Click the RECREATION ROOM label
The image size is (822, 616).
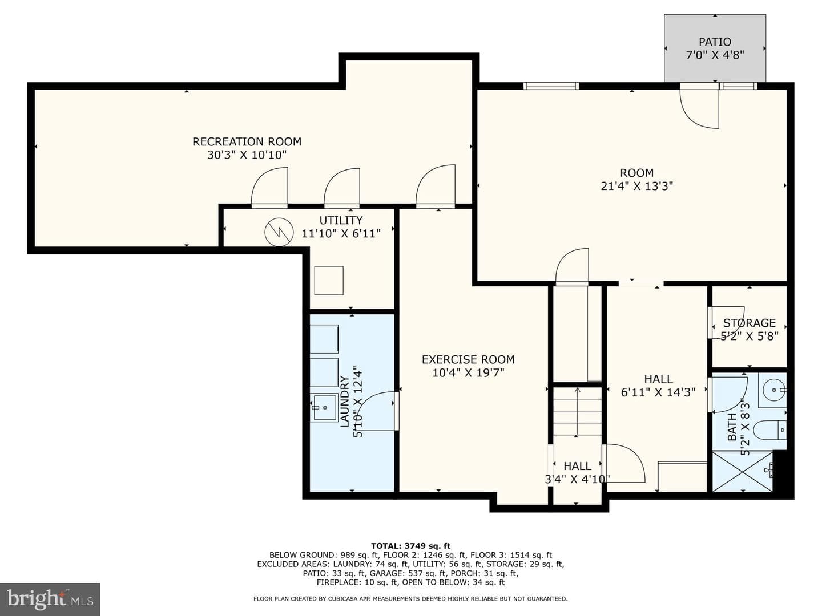pos(247,142)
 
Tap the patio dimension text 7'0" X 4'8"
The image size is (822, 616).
pos(715,55)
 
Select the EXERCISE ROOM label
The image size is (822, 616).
pos(468,359)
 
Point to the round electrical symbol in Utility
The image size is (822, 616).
pos(279,232)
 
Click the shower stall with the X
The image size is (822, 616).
pos(742,471)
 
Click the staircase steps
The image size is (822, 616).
pos(578,411)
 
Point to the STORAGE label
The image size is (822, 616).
pos(750,323)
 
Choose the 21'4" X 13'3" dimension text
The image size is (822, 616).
pos(637,186)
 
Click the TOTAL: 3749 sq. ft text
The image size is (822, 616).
pos(410,546)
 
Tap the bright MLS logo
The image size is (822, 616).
pos(50,599)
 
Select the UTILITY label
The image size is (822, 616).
pos(341,220)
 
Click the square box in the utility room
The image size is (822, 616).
pos(329,281)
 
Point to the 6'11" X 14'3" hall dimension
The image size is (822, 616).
pos(658,392)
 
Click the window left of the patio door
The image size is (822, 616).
pos(551,86)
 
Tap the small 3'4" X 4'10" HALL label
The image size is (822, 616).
pos(578,472)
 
